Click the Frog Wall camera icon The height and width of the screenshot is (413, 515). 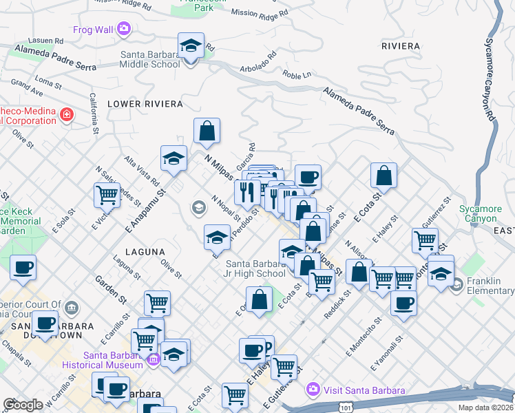click(x=124, y=29)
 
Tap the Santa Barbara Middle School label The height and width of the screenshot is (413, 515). click(x=150, y=59)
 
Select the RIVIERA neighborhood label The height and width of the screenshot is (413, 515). click(x=400, y=46)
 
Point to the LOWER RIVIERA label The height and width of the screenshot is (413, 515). click(x=145, y=104)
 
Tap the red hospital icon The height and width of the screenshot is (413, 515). click(x=67, y=114)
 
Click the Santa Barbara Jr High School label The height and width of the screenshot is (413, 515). click(x=255, y=268)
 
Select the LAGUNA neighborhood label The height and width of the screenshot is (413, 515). click(x=145, y=252)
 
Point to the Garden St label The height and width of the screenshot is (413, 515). click(x=111, y=290)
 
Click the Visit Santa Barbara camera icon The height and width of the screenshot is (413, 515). click(x=313, y=390)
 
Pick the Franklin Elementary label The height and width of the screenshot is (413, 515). click(x=489, y=285)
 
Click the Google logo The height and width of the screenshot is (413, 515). click(x=23, y=404)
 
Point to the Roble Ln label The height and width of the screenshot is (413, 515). click(x=297, y=74)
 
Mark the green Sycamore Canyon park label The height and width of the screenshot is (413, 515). click(x=479, y=213)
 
